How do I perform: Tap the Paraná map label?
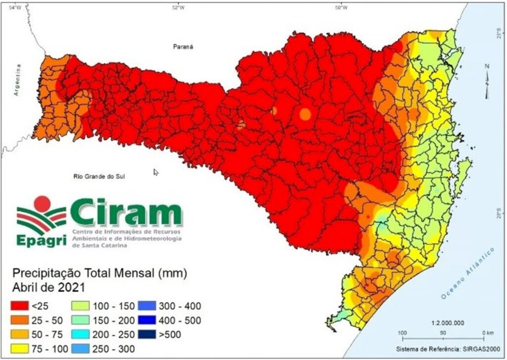182,47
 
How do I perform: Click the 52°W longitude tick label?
178,7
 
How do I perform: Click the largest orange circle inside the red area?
305,114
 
